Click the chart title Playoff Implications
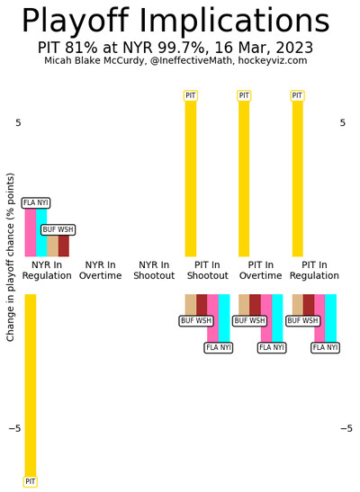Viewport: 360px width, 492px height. pyautogui.click(x=175, y=21)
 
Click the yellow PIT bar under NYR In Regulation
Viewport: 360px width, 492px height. pyautogui.click(x=31, y=385)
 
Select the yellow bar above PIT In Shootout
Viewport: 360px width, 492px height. pyautogui.click(x=191, y=178)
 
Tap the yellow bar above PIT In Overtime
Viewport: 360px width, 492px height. pyautogui.click(x=244, y=178)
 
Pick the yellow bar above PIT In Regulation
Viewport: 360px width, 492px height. pyautogui.click(x=298, y=178)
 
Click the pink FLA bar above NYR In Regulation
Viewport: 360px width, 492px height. pyautogui.click(x=31, y=232)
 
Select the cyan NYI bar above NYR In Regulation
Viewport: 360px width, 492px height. pyautogui.click(x=41, y=232)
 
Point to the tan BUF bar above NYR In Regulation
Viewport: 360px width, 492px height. pyautogui.click(x=53, y=246)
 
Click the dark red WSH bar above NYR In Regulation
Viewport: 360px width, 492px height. pyautogui.click(x=64, y=246)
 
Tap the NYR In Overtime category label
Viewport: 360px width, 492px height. pyautogui.click(x=101, y=270)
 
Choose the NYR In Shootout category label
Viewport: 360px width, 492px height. pyautogui.click(x=154, y=270)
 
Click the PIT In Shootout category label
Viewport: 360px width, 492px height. pyautogui.click(x=208, y=270)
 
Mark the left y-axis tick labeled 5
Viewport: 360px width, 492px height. pyautogui.click(x=19, y=122)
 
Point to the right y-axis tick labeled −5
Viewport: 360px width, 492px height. pyautogui.click(x=346, y=428)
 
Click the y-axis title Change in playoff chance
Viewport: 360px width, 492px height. pyautogui.click(x=11, y=257)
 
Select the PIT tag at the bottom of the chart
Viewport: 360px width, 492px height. pyautogui.click(x=31, y=481)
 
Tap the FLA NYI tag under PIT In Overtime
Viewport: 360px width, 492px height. pyautogui.click(x=272, y=348)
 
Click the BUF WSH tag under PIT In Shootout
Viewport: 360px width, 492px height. pyautogui.click(x=196, y=321)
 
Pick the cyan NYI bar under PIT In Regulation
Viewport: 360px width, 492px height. pyautogui.click(x=331, y=318)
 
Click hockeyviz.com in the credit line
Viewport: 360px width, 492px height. pyautogui.click(x=273, y=60)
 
